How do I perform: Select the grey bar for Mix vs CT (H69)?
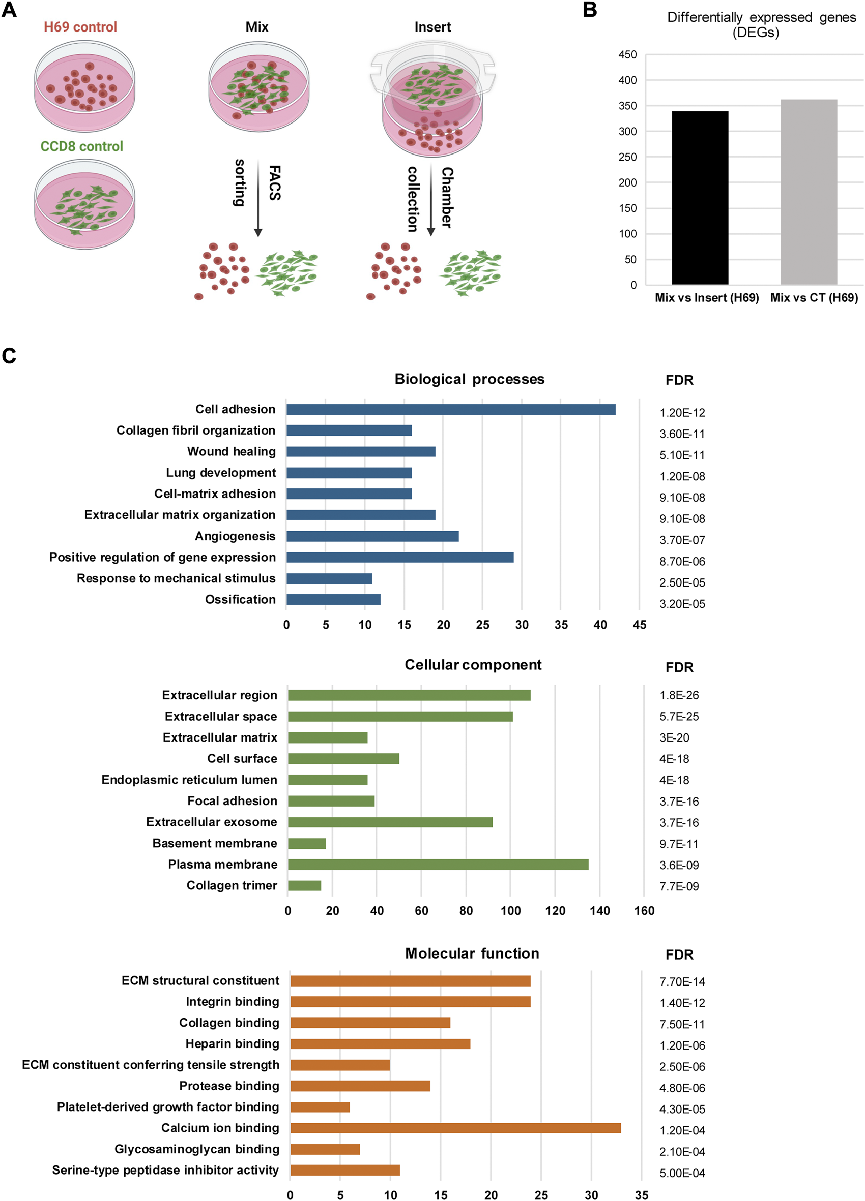(809, 192)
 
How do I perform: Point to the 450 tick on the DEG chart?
(627, 54)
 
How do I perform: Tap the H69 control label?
(80, 27)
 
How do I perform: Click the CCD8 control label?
(81, 146)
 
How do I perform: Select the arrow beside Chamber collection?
(431, 199)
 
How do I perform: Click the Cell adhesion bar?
(450, 409)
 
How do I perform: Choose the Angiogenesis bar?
(372, 536)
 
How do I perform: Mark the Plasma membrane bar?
(438, 864)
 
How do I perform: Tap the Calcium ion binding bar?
(455, 1128)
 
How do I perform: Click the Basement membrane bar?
(307, 843)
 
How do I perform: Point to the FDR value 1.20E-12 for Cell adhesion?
(682, 413)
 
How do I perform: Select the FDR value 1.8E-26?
(679, 695)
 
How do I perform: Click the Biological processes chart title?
(469, 379)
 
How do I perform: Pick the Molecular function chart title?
(472, 953)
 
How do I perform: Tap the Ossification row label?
(240, 599)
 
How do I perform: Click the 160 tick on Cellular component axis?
(644, 911)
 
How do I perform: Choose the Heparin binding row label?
(232, 1044)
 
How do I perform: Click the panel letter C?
(9, 356)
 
